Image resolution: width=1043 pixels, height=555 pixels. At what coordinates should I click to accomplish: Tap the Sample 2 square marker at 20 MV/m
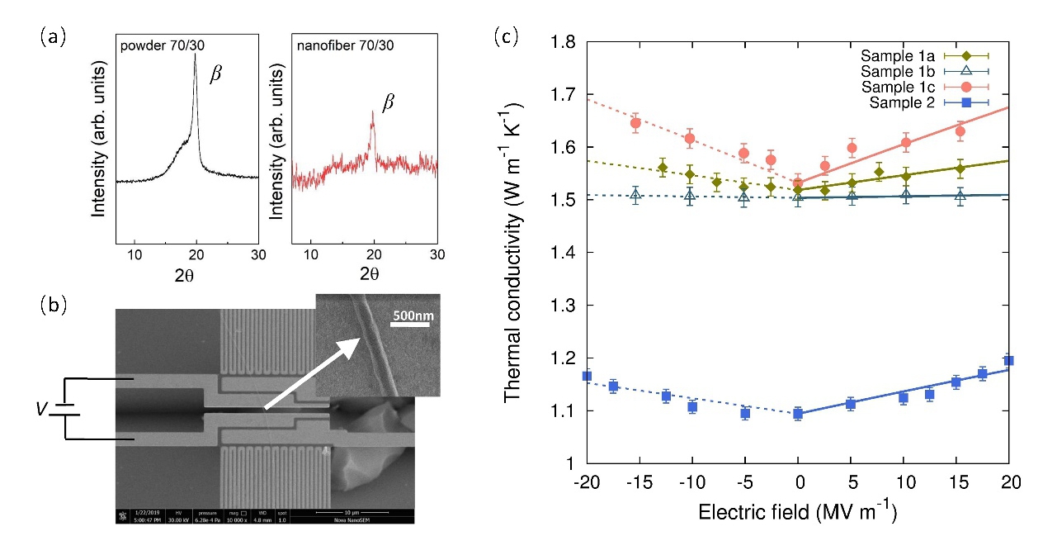(1008, 360)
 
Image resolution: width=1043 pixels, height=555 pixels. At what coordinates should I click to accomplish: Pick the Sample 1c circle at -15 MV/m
(635, 123)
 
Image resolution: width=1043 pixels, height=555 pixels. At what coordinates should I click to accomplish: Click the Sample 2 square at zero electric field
(798, 413)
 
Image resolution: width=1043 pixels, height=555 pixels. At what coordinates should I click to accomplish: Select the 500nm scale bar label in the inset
(413, 315)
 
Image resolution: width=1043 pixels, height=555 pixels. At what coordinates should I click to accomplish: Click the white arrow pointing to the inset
(309, 372)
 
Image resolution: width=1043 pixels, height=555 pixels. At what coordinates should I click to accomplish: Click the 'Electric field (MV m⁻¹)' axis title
(797, 513)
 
